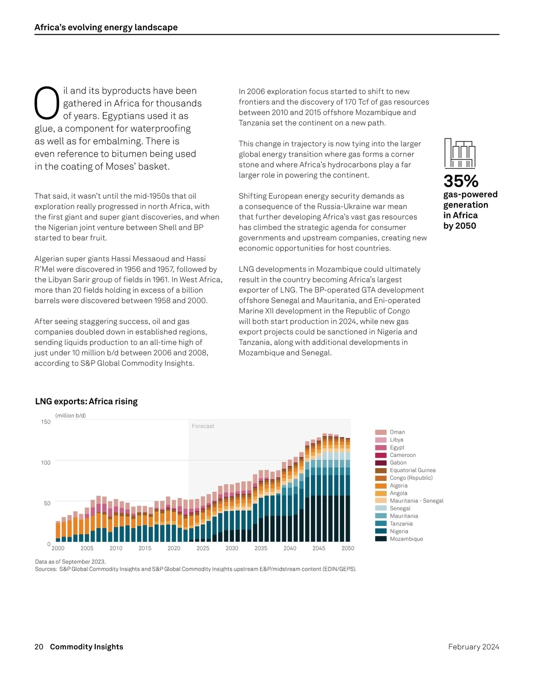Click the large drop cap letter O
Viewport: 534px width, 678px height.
point(47,103)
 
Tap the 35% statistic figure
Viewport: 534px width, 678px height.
point(461,181)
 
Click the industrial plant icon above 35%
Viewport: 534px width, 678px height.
point(460,153)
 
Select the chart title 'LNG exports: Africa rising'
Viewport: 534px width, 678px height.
point(86,401)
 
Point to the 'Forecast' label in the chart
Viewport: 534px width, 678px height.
point(203,426)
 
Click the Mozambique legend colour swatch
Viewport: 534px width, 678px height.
point(380,539)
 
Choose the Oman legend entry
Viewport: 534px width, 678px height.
point(397,432)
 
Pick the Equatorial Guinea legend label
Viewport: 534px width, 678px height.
point(413,470)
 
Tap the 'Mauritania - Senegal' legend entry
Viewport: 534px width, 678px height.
point(417,501)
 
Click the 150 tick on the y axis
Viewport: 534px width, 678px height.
point(46,422)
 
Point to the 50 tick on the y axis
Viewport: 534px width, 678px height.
point(47,503)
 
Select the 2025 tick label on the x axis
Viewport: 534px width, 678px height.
point(203,548)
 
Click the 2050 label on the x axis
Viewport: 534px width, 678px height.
point(348,548)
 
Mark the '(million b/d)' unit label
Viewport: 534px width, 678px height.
point(70,416)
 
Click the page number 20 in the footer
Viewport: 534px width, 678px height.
point(39,647)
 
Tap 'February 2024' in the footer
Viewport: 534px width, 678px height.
point(473,647)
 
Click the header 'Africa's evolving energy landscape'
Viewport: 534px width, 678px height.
point(106,28)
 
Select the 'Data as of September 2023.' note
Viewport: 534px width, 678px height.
point(70,562)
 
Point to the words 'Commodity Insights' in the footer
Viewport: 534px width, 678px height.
point(86,647)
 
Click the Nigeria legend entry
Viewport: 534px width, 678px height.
point(399,531)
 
